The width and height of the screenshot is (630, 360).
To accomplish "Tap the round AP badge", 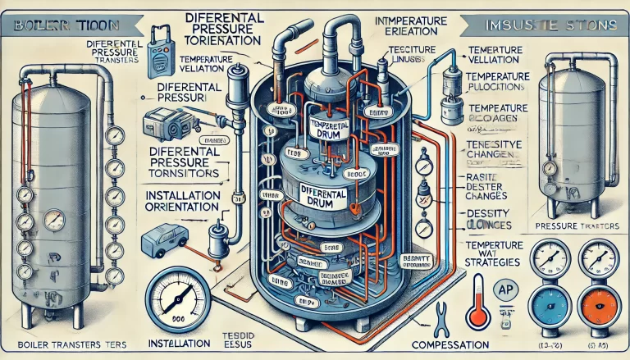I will click(507, 288).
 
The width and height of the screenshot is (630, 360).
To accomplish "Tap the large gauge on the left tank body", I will click(56, 219).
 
